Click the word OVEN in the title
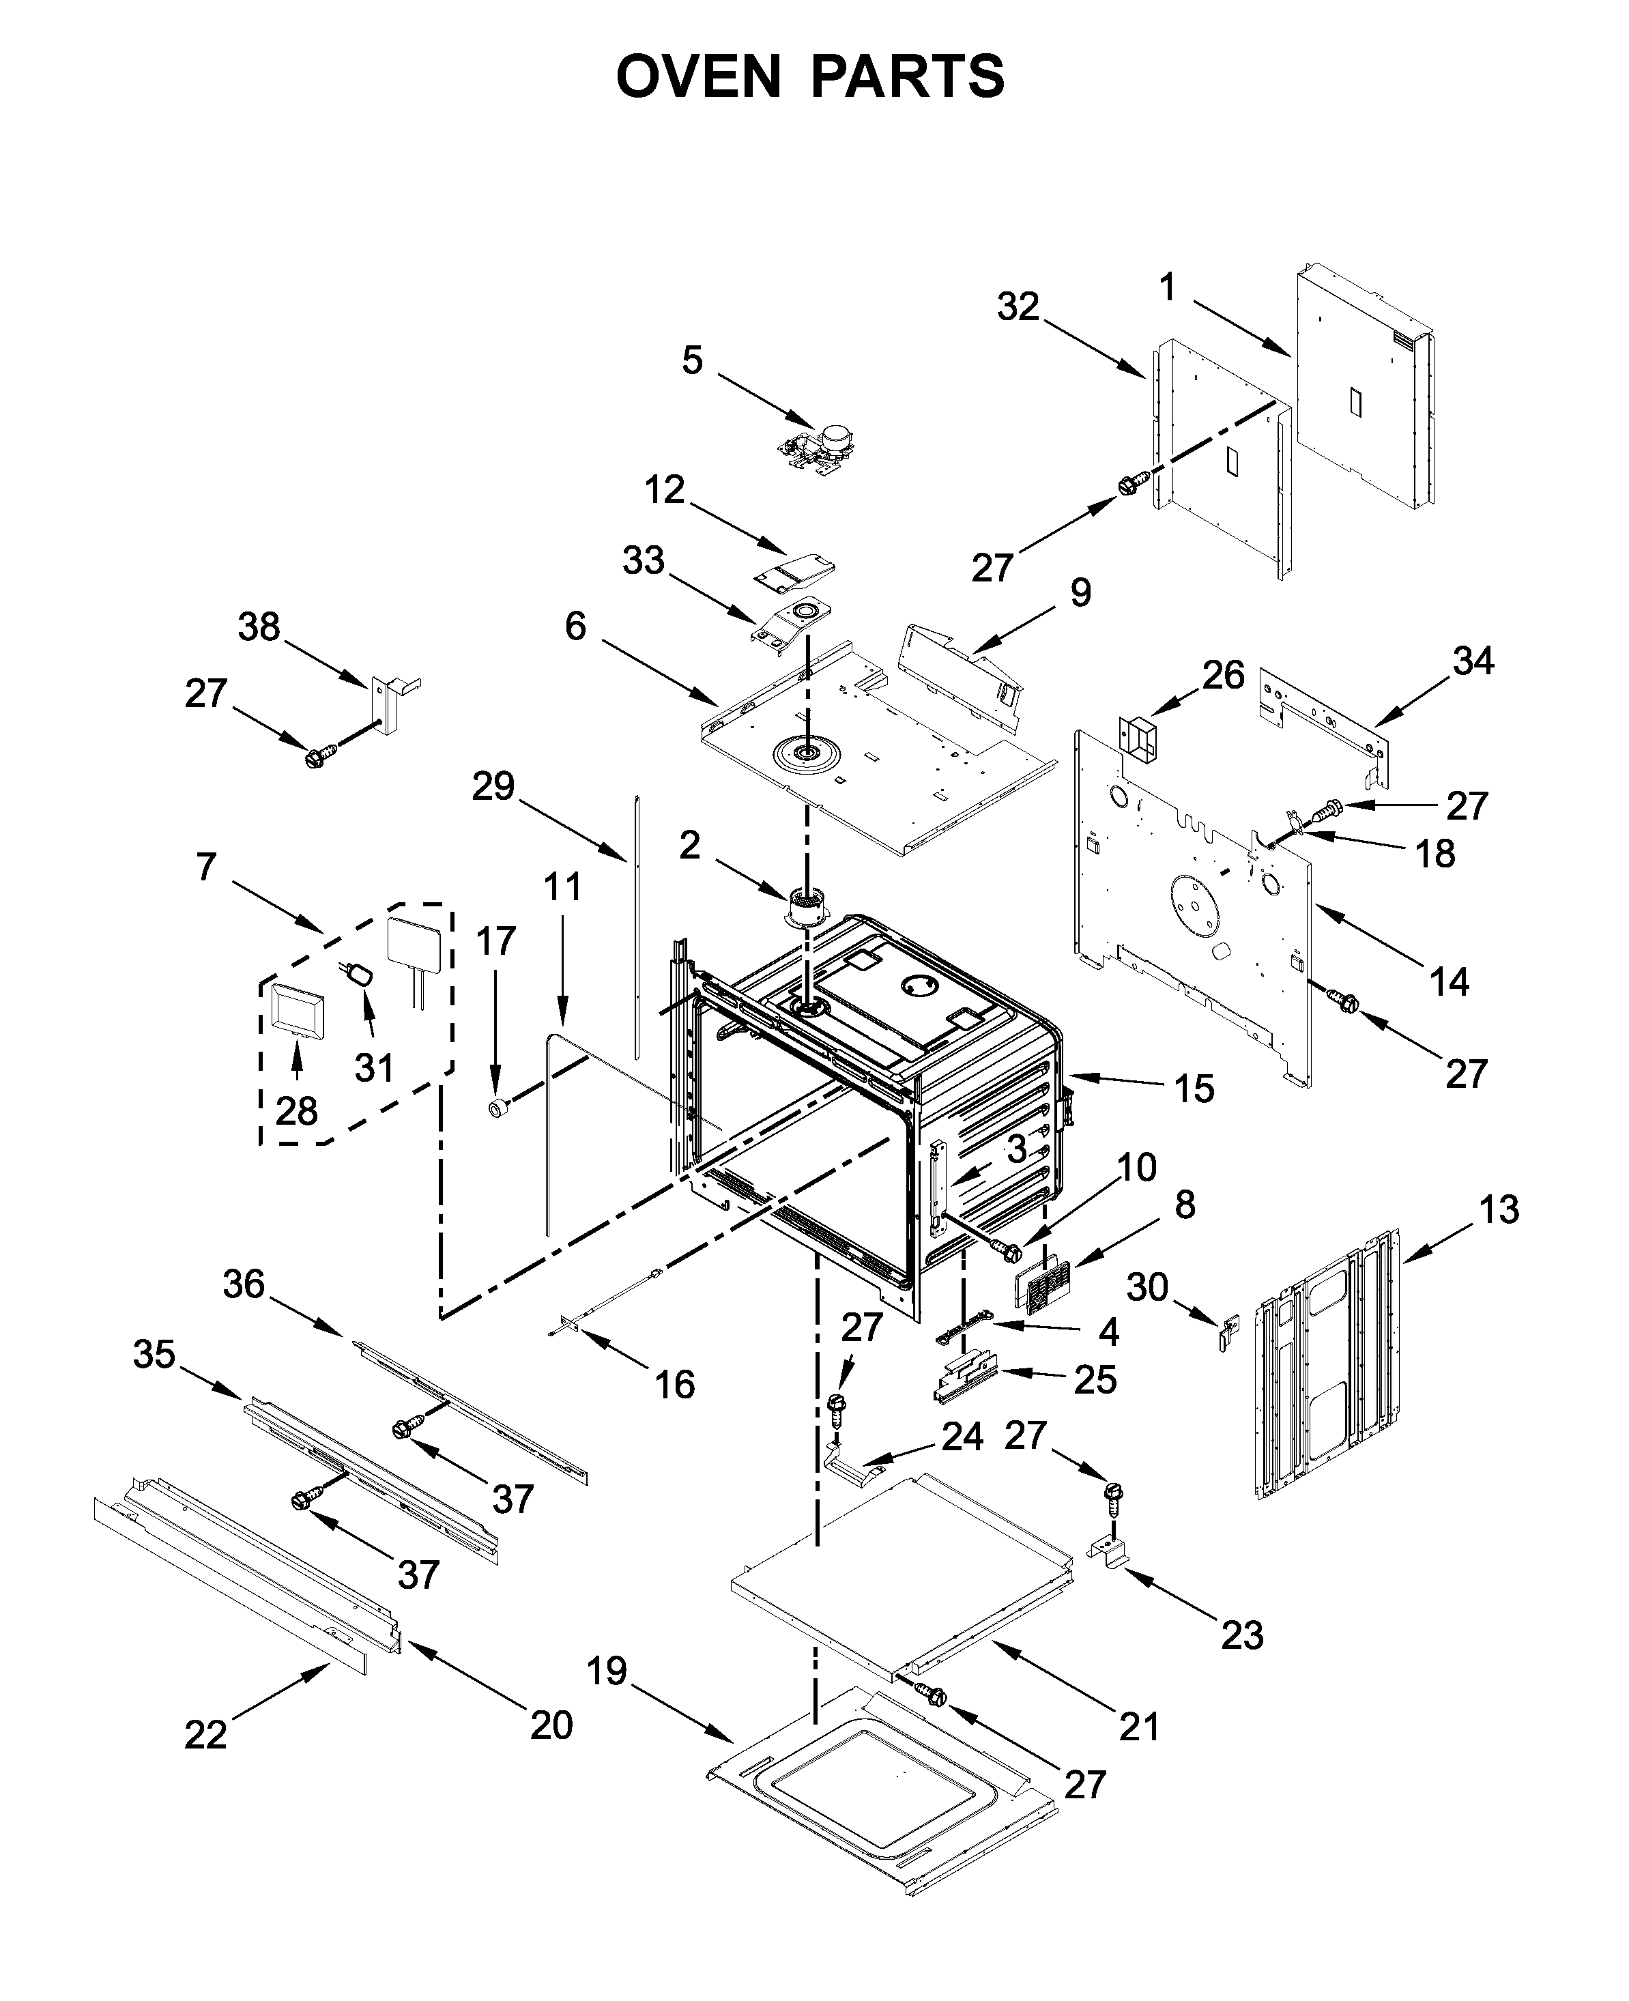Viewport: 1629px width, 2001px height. (698, 77)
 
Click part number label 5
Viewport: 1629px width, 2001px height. (693, 360)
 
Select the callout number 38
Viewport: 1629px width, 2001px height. (259, 627)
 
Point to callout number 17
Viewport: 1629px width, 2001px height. (495, 940)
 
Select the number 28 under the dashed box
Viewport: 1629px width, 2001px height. (296, 1111)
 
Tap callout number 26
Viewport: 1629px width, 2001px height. (1224, 675)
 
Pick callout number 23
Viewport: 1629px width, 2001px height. (1242, 1635)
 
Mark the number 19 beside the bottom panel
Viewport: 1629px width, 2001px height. (607, 1671)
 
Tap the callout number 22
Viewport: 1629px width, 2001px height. (205, 1734)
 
